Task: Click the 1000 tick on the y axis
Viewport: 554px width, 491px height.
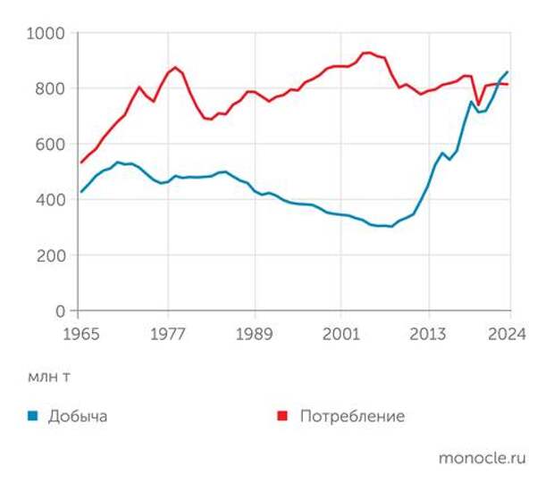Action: (47, 33)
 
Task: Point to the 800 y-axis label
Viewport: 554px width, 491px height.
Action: (52, 88)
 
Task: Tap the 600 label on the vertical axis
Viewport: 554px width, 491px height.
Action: (52, 145)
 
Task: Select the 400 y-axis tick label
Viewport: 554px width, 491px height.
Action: (52, 200)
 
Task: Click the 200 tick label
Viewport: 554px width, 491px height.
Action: (52, 255)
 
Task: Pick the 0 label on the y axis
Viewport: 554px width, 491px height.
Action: (61, 312)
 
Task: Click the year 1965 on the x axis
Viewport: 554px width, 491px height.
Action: (80, 335)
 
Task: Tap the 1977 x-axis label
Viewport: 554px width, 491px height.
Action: (168, 335)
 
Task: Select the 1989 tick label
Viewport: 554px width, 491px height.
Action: (255, 335)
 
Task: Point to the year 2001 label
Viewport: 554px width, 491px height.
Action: (341, 335)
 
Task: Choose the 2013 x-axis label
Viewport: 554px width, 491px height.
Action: (429, 335)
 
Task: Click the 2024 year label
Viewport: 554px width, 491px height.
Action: (508, 335)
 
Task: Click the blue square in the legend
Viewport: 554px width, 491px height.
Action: (32, 416)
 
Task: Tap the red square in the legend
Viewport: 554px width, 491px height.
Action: (281, 416)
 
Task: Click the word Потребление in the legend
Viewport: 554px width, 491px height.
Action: (352, 417)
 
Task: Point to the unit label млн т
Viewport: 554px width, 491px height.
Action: (48, 377)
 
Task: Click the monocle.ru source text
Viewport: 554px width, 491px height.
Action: (482, 458)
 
